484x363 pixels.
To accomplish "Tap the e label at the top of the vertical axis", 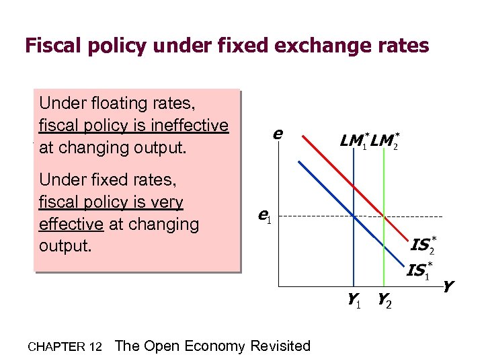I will click(x=276, y=134).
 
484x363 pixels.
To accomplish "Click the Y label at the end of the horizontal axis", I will click(x=448, y=287).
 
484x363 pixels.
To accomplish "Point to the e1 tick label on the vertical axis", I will click(x=264, y=216).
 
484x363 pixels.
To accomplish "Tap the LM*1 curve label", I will click(x=354, y=142).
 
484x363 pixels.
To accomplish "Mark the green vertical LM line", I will click(x=384, y=255).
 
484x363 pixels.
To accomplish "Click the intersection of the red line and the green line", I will click(x=384, y=216).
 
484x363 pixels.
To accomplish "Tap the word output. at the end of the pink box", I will click(x=65, y=246).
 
